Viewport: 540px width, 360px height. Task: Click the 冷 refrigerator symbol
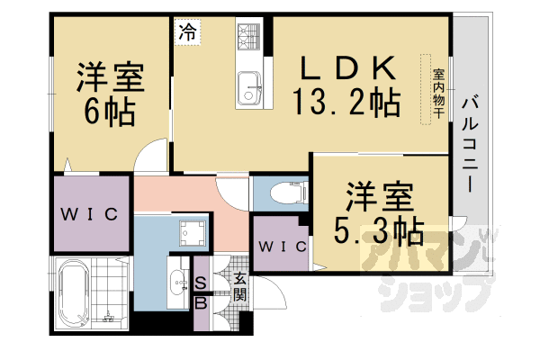coord(187,33)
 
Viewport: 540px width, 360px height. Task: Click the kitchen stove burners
coord(247,36)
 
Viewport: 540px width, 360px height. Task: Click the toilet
coord(284,193)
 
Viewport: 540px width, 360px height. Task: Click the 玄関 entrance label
coord(239,286)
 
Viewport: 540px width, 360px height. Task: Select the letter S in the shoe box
coord(201,283)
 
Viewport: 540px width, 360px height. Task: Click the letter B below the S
coord(201,301)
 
